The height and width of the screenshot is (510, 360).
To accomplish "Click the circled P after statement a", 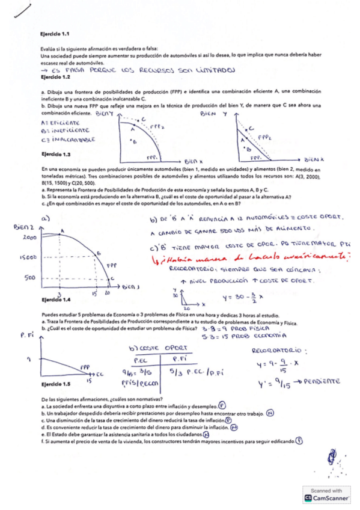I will (222, 406).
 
